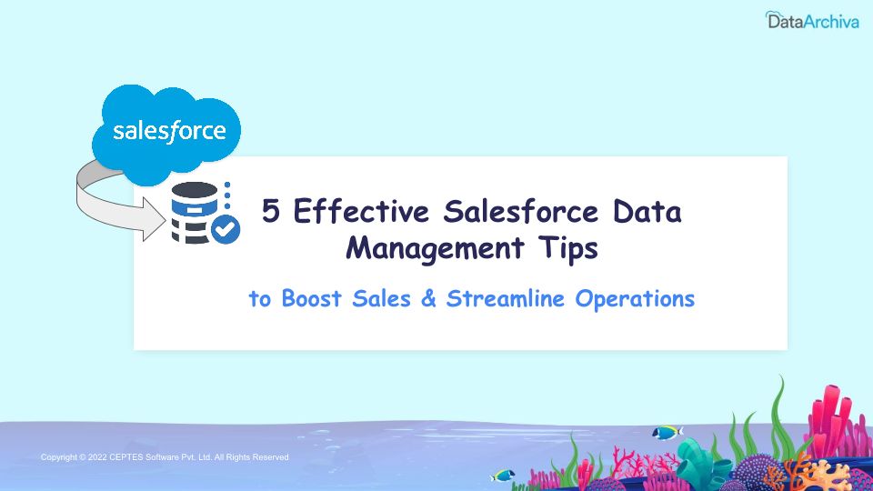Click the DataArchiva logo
point(812,20)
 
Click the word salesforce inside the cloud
point(169,132)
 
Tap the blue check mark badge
point(226,229)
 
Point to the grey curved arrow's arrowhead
point(155,220)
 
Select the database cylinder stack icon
point(195,213)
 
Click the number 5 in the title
point(271,211)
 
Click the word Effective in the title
point(361,210)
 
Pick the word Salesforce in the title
point(520,210)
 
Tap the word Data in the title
point(647,211)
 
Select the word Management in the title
point(435,248)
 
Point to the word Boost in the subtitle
point(311,298)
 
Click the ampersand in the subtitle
point(428,298)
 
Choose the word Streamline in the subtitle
point(506,298)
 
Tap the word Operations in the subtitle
point(635,299)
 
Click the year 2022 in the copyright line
point(97,457)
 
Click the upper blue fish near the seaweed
point(667,432)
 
